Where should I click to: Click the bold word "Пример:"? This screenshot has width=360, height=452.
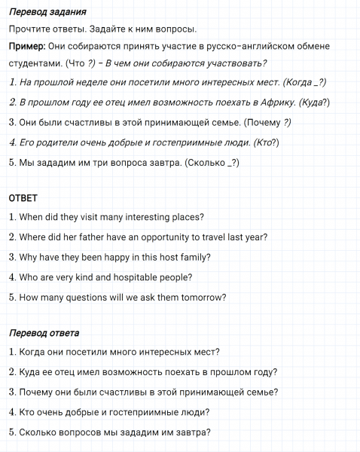click(27, 47)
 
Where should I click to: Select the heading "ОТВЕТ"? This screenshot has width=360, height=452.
click(23, 198)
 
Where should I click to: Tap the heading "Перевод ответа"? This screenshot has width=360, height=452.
click(44, 332)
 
